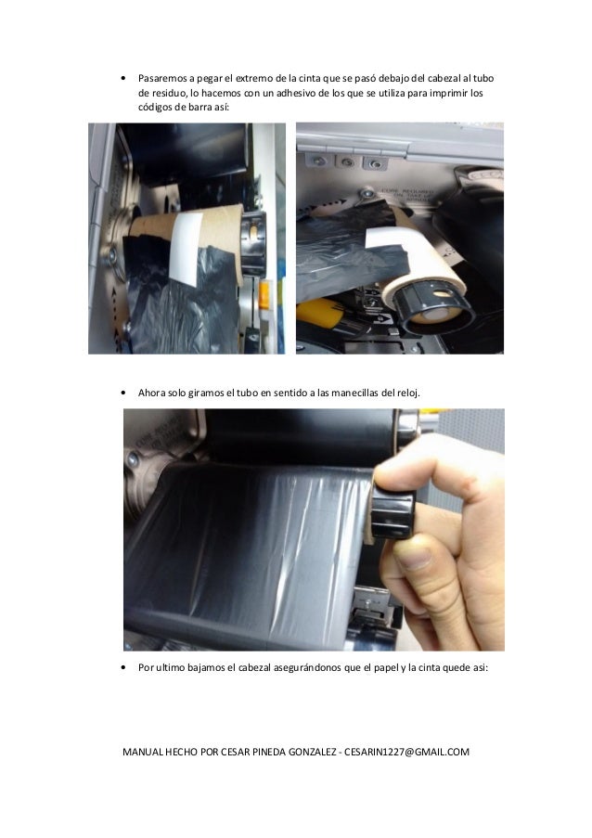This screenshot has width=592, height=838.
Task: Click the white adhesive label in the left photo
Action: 187,248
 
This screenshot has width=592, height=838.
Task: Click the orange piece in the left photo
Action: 264,295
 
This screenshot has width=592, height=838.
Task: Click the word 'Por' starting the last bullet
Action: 146,667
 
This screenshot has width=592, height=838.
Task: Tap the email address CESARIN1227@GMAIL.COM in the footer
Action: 406,752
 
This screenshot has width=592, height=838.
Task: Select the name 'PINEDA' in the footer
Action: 269,752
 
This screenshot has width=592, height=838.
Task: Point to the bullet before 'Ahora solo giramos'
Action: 123,393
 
